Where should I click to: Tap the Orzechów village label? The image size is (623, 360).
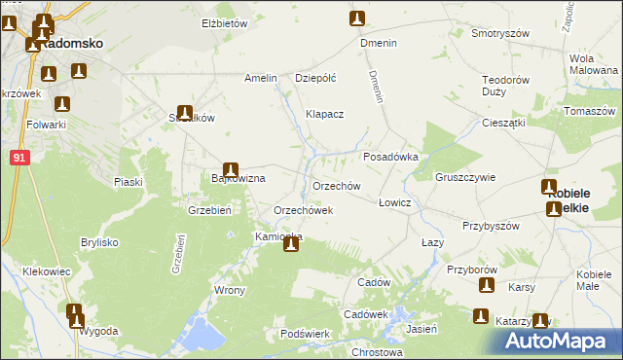click(337, 185)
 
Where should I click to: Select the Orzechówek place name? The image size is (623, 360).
click(304, 210)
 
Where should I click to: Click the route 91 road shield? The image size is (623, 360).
click(20, 157)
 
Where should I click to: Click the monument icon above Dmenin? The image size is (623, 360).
click(358, 18)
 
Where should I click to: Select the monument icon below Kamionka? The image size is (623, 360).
click(290, 244)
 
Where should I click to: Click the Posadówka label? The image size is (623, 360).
click(390, 157)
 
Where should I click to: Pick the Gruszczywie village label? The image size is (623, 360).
click(466, 178)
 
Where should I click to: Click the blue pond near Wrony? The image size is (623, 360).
click(200, 333)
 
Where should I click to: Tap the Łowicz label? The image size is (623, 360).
click(395, 202)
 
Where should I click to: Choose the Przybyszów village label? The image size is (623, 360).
click(492, 226)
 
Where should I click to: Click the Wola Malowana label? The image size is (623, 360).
click(588, 64)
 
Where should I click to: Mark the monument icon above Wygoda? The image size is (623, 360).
click(74, 313)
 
